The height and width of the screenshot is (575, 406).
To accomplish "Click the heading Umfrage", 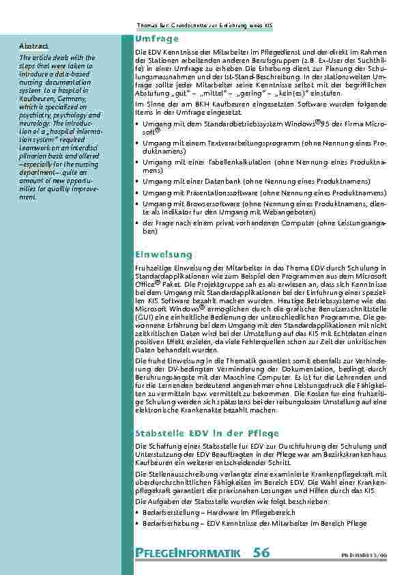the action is click(157, 39).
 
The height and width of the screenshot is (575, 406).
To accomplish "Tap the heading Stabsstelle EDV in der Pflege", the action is click(197, 433).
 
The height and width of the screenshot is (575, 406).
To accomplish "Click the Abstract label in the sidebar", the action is click(34, 46).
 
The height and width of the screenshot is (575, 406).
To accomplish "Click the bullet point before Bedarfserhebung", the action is click(138, 523).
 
